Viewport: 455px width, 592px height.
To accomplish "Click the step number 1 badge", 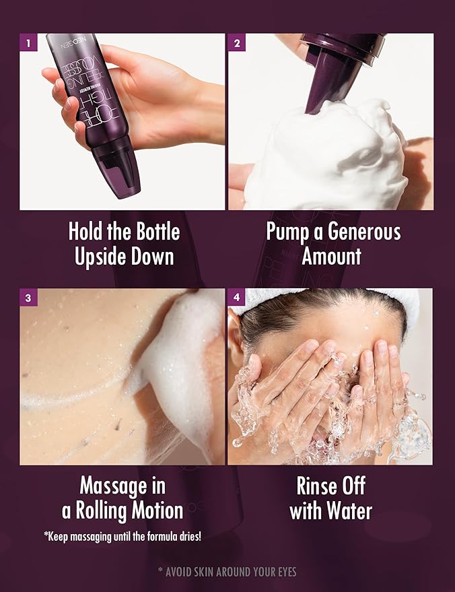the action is tap(28, 42).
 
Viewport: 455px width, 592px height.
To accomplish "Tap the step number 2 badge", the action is tap(236, 42).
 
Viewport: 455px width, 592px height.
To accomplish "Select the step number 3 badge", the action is tap(28, 298).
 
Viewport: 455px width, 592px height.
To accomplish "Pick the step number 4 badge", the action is tap(236, 298).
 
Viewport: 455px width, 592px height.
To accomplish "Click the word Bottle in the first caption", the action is tap(157, 232).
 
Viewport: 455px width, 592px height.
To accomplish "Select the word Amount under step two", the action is tap(332, 257).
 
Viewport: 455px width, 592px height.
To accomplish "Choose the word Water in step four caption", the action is tap(349, 511).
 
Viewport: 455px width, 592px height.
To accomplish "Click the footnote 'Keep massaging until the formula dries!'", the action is tap(123, 537).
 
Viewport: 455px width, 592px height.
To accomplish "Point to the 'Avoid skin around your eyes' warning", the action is tap(228, 572).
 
